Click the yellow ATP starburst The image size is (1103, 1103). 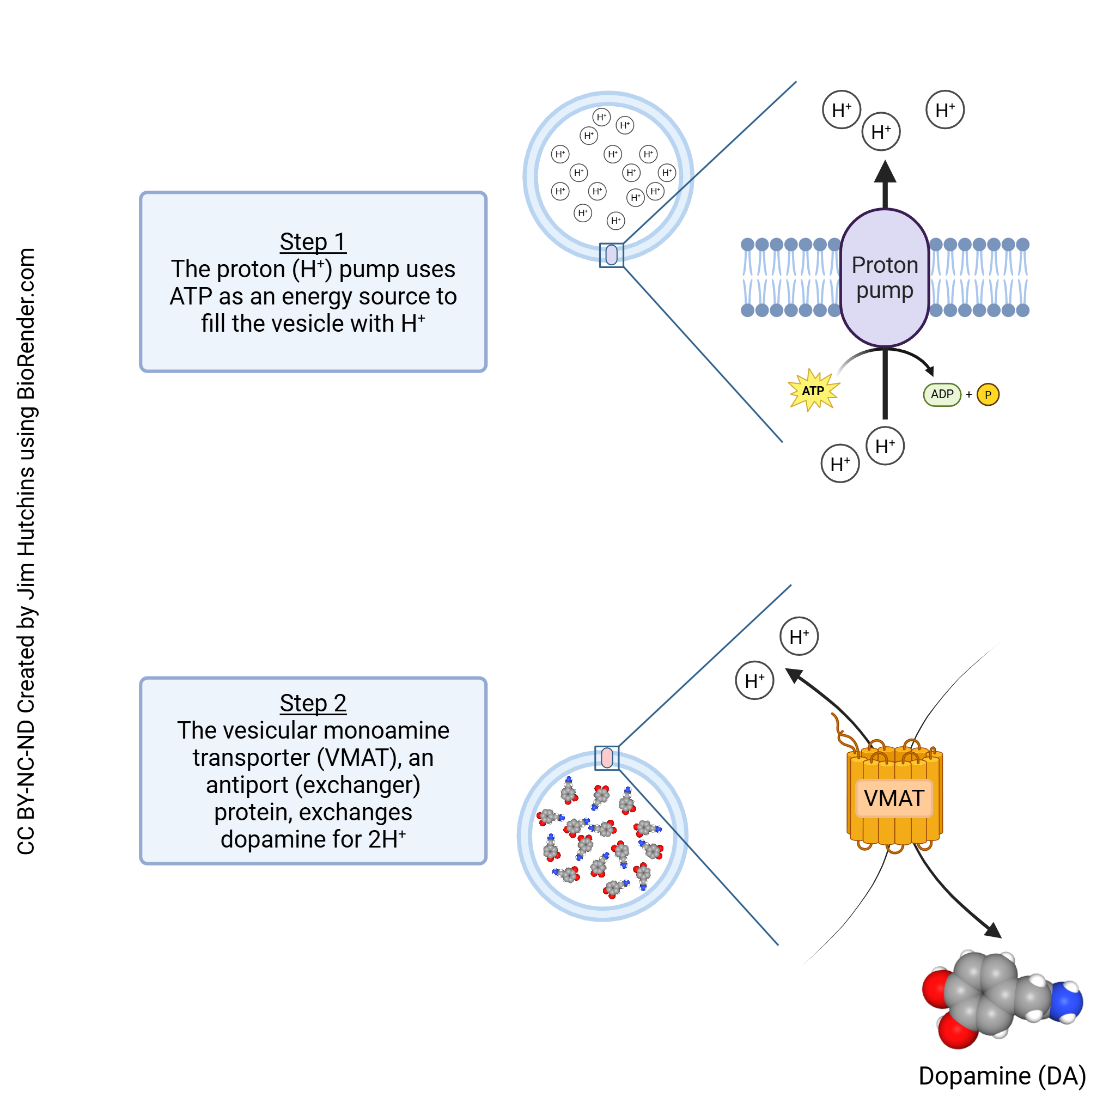814,391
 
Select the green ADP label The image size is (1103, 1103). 942,394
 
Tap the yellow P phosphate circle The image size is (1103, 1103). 988,395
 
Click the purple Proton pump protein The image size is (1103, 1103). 885,278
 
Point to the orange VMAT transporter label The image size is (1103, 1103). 894,798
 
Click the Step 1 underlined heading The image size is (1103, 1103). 313,242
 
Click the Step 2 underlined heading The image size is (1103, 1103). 313,703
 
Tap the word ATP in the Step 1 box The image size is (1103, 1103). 191,297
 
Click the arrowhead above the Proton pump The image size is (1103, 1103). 885,171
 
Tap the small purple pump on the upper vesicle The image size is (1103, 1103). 612,254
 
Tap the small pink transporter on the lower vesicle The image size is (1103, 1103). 607,758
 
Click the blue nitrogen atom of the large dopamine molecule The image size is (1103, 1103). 1065,1003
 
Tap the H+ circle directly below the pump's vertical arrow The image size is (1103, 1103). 885,447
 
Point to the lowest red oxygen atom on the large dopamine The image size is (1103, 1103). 958,1032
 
